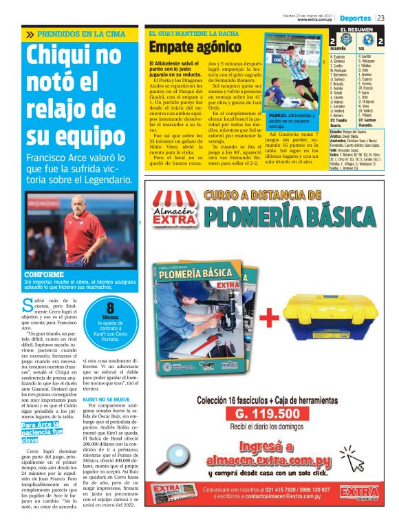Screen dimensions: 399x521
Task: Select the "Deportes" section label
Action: tap(355, 17)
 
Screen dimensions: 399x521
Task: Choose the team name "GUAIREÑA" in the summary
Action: tap(338, 50)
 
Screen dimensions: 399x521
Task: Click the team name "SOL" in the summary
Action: tap(361, 50)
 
